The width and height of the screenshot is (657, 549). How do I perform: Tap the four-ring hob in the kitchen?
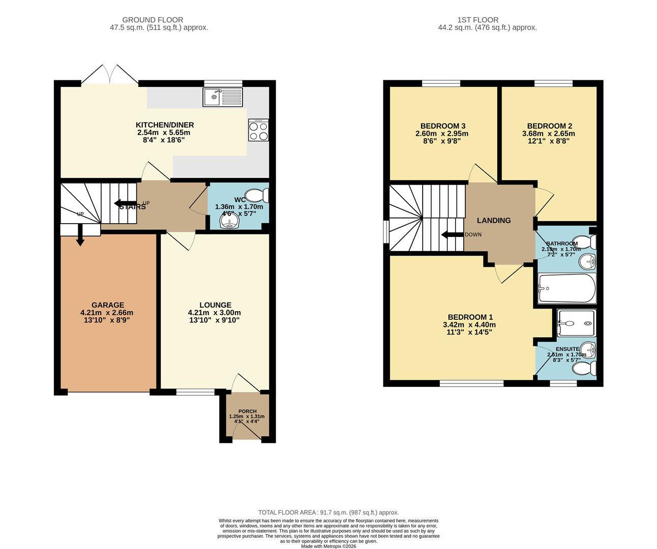pos(258,130)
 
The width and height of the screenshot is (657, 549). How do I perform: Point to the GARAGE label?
pos(107,305)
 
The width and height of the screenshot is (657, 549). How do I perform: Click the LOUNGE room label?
pos(215,305)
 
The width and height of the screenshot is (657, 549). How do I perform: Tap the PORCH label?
pos(247,411)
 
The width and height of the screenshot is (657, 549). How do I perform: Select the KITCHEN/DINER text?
pos(164,125)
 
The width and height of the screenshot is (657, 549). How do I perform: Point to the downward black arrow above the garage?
pos(80,236)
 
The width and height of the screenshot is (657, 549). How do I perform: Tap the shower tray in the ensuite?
pos(576,323)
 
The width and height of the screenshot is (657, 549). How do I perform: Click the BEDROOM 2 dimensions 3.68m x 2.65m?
pos(551,134)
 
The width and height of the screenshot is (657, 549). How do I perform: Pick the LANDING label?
pos(493,220)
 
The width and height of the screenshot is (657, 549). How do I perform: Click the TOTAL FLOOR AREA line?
pos(328,512)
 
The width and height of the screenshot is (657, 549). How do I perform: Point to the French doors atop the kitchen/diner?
pos(109,75)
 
